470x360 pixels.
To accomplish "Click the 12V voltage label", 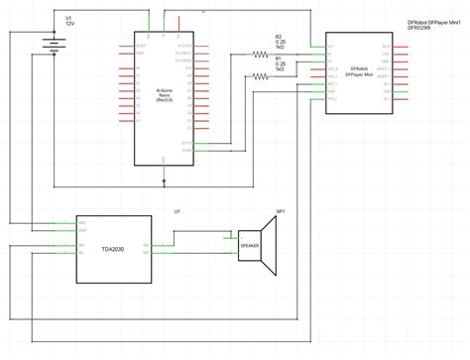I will tap(69, 23).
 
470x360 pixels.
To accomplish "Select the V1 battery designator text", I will tap(68, 17).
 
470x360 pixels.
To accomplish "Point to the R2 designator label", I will tap(279, 36).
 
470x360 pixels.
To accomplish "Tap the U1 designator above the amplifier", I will tap(176, 211).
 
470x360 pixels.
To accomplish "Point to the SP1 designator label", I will tap(281, 211).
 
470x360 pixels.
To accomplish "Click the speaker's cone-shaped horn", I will tap(270, 245).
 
